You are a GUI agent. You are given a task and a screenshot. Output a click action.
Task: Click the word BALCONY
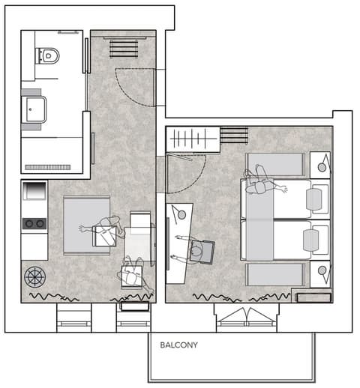click(x=178, y=345)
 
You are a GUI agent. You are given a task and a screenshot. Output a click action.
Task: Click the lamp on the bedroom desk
click(x=181, y=215)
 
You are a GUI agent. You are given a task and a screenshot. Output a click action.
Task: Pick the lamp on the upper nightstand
click(x=322, y=167)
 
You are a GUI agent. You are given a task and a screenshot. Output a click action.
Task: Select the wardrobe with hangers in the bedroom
click(x=193, y=139)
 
